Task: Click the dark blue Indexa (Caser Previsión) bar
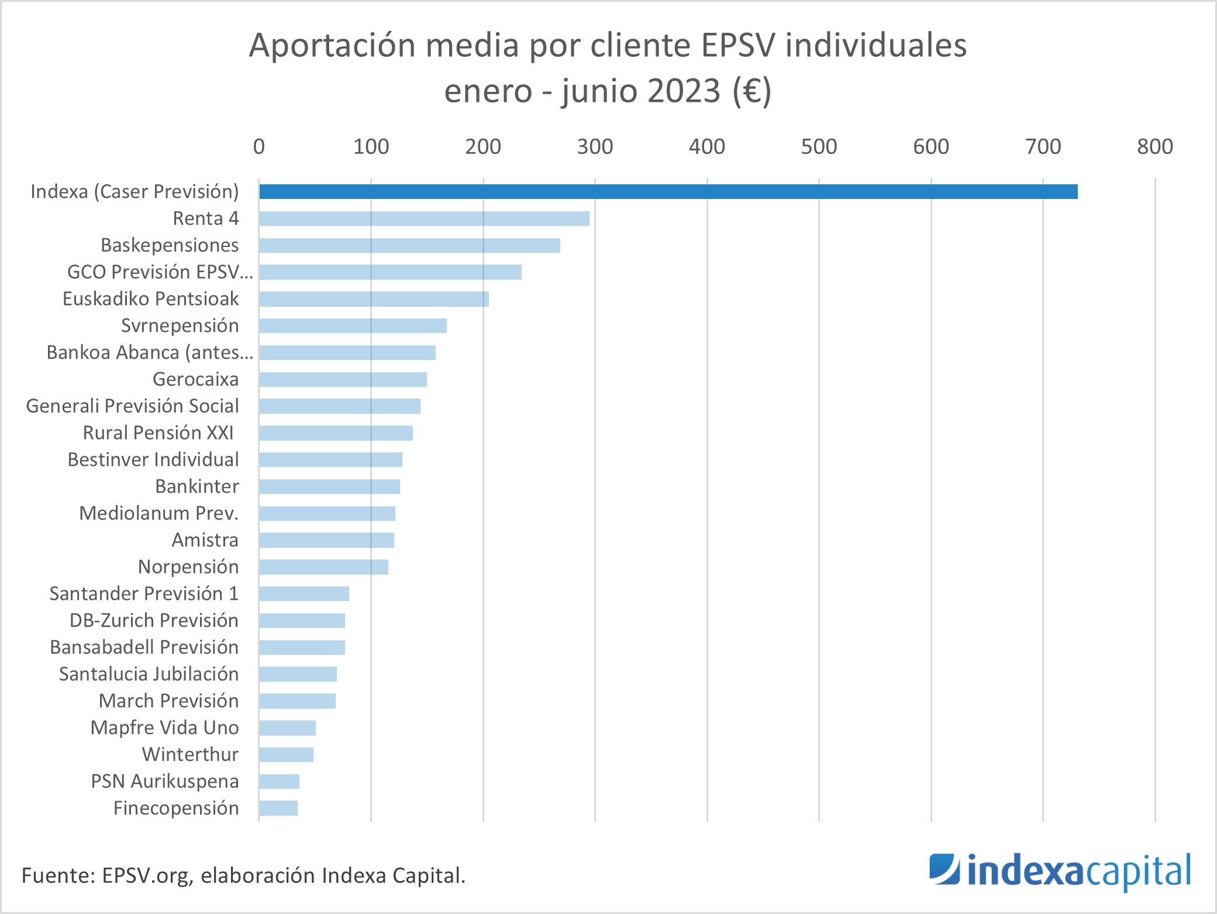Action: [x=668, y=191]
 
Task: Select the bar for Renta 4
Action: [x=424, y=218]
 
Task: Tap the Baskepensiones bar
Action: [x=409, y=245]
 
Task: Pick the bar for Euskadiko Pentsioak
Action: [x=374, y=299]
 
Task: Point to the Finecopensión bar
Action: [x=278, y=808]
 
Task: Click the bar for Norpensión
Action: [x=323, y=567]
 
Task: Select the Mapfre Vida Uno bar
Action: [x=287, y=728]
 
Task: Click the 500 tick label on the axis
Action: [x=819, y=146]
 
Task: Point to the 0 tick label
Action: [x=259, y=146]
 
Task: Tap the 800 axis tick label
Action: [x=1154, y=146]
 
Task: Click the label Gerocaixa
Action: [x=195, y=379]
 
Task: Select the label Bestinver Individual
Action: [x=153, y=459]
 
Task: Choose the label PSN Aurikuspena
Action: [x=165, y=781]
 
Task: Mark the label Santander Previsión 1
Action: [x=144, y=593]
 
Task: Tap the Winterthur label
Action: [x=190, y=754]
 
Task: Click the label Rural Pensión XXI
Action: [x=158, y=432]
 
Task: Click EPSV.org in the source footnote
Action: [x=146, y=875]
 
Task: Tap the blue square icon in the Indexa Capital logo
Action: [x=944, y=870]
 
